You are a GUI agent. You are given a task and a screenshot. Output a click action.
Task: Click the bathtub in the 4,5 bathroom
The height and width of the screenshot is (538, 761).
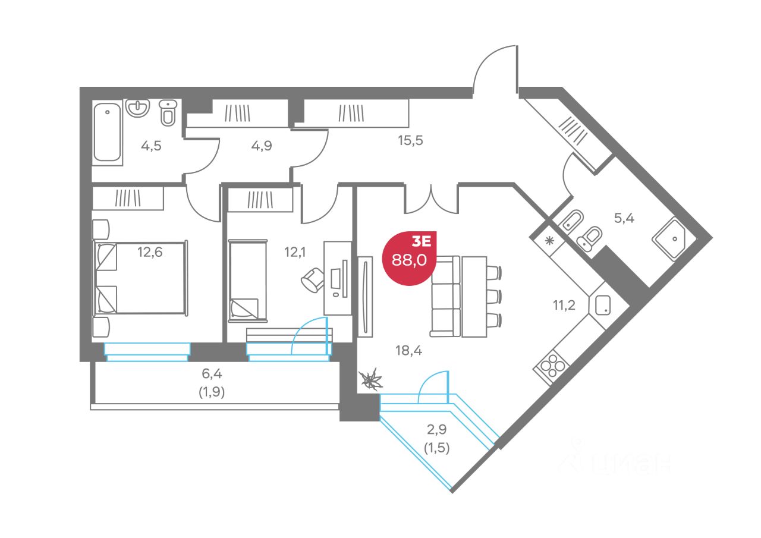[108, 132]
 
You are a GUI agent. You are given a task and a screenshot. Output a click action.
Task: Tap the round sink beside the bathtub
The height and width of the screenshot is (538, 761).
[137, 108]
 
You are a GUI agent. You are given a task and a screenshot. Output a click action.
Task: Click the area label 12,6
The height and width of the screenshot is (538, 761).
[150, 251]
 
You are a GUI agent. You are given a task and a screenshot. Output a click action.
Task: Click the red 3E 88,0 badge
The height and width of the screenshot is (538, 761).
[410, 256]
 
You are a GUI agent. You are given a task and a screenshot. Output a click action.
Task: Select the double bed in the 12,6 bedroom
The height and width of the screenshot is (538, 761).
[140, 277]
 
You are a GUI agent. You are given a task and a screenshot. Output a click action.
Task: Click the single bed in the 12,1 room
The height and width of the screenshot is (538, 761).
[244, 282]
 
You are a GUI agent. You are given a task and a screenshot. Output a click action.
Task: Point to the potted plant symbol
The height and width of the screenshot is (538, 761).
[371, 379]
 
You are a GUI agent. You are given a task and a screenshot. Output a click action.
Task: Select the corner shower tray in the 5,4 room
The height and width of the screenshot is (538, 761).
[674, 238]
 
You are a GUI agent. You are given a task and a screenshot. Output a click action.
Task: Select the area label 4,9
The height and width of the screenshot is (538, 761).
[261, 146]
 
